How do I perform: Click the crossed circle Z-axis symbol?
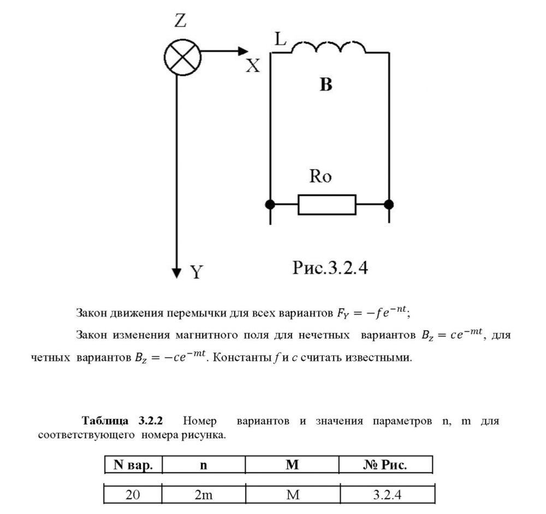[x=181, y=56]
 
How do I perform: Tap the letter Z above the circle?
[x=180, y=21]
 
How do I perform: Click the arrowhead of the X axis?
[x=243, y=52]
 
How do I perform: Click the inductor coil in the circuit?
[x=328, y=48]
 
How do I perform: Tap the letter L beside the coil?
[x=280, y=39]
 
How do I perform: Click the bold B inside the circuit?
[x=326, y=86]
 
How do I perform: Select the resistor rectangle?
[x=327, y=205]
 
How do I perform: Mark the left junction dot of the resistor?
[x=270, y=205]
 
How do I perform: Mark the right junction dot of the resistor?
[x=389, y=205]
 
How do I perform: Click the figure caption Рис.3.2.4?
[x=329, y=268]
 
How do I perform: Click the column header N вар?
[x=133, y=465]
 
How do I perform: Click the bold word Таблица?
[x=104, y=422]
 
